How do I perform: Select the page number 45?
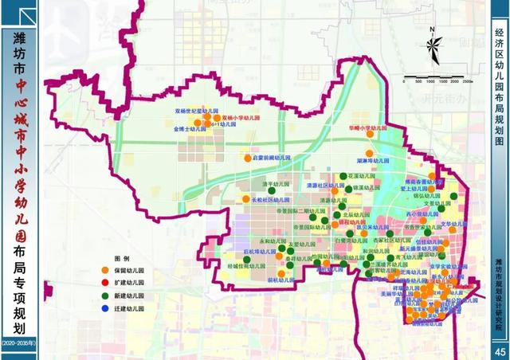(500, 351)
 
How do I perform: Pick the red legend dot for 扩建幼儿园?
(118, 283)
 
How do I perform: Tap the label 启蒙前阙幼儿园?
(270, 158)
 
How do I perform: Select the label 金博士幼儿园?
(190, 127)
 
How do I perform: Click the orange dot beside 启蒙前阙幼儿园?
(247, 158)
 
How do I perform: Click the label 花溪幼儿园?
(362, 174)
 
